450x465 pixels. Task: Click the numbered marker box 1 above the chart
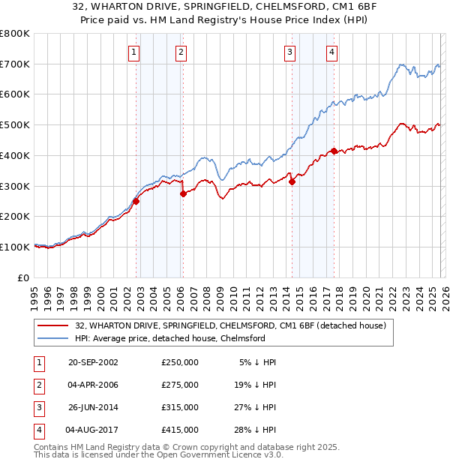(133, 52)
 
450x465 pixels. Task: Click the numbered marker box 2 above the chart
(181, 52)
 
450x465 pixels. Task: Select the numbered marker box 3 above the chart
(289, 52)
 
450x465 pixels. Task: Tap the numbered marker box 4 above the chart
(331, 52)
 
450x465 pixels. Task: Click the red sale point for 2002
(136, 201)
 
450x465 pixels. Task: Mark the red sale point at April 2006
(183, 193)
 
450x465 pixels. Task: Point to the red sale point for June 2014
(292, 181)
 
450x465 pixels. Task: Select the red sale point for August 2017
(334, 151)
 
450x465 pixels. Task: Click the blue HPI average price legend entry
(169, 338)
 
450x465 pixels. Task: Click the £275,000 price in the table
(180, 385)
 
